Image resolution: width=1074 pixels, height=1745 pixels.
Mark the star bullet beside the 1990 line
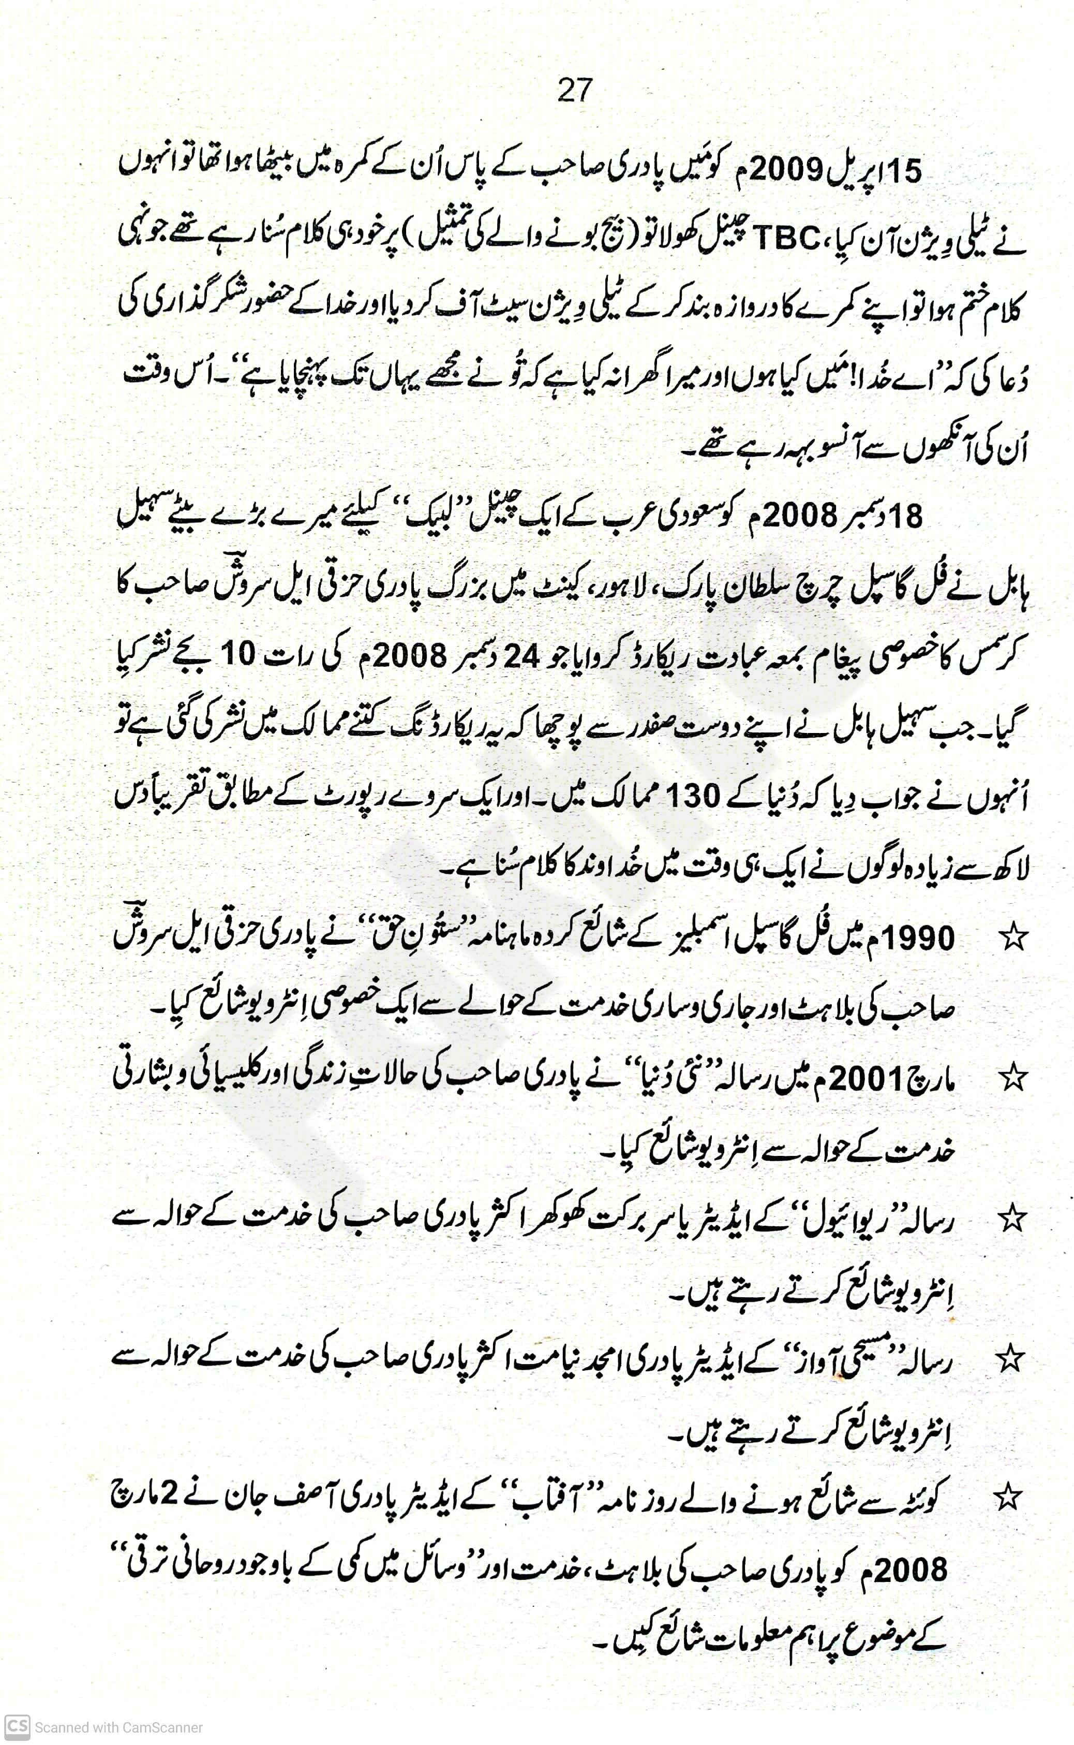click(x=1013, y=939)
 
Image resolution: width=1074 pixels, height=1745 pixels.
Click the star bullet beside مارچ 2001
click(x=1013, y=1078)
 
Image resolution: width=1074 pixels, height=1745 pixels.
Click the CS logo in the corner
click(x=17, y=1726)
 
